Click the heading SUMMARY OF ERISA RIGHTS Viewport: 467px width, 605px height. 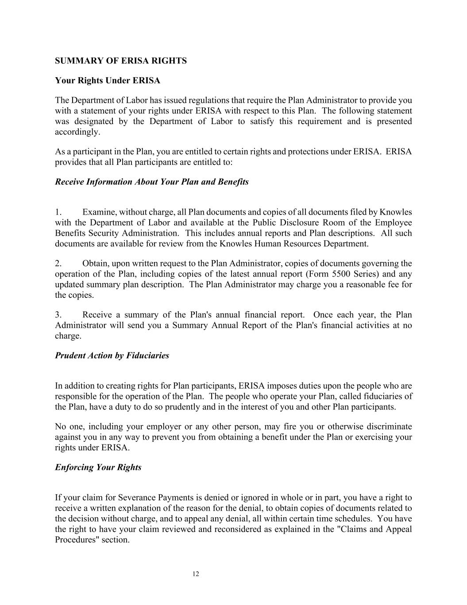(120, 61)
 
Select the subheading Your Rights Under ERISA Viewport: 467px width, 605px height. (108, 81)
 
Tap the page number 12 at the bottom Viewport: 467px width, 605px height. (196, 574)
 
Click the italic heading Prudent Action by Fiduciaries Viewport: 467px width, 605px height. (112, 355)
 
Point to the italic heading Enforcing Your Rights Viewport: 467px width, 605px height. (98, 467)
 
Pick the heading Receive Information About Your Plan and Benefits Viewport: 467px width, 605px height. (152, 182)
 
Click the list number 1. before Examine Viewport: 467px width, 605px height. (58, 212)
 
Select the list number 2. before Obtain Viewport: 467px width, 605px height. (58, 264)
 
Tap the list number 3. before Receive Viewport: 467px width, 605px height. (58, 315)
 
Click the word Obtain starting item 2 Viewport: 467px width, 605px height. (95, 264)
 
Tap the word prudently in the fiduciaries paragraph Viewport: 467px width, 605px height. (181, 407)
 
